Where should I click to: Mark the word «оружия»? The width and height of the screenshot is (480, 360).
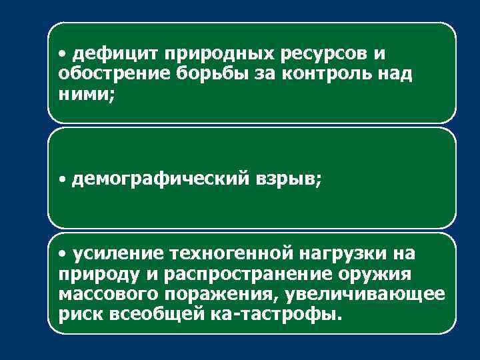375,274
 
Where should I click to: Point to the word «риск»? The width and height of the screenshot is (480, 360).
77,314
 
